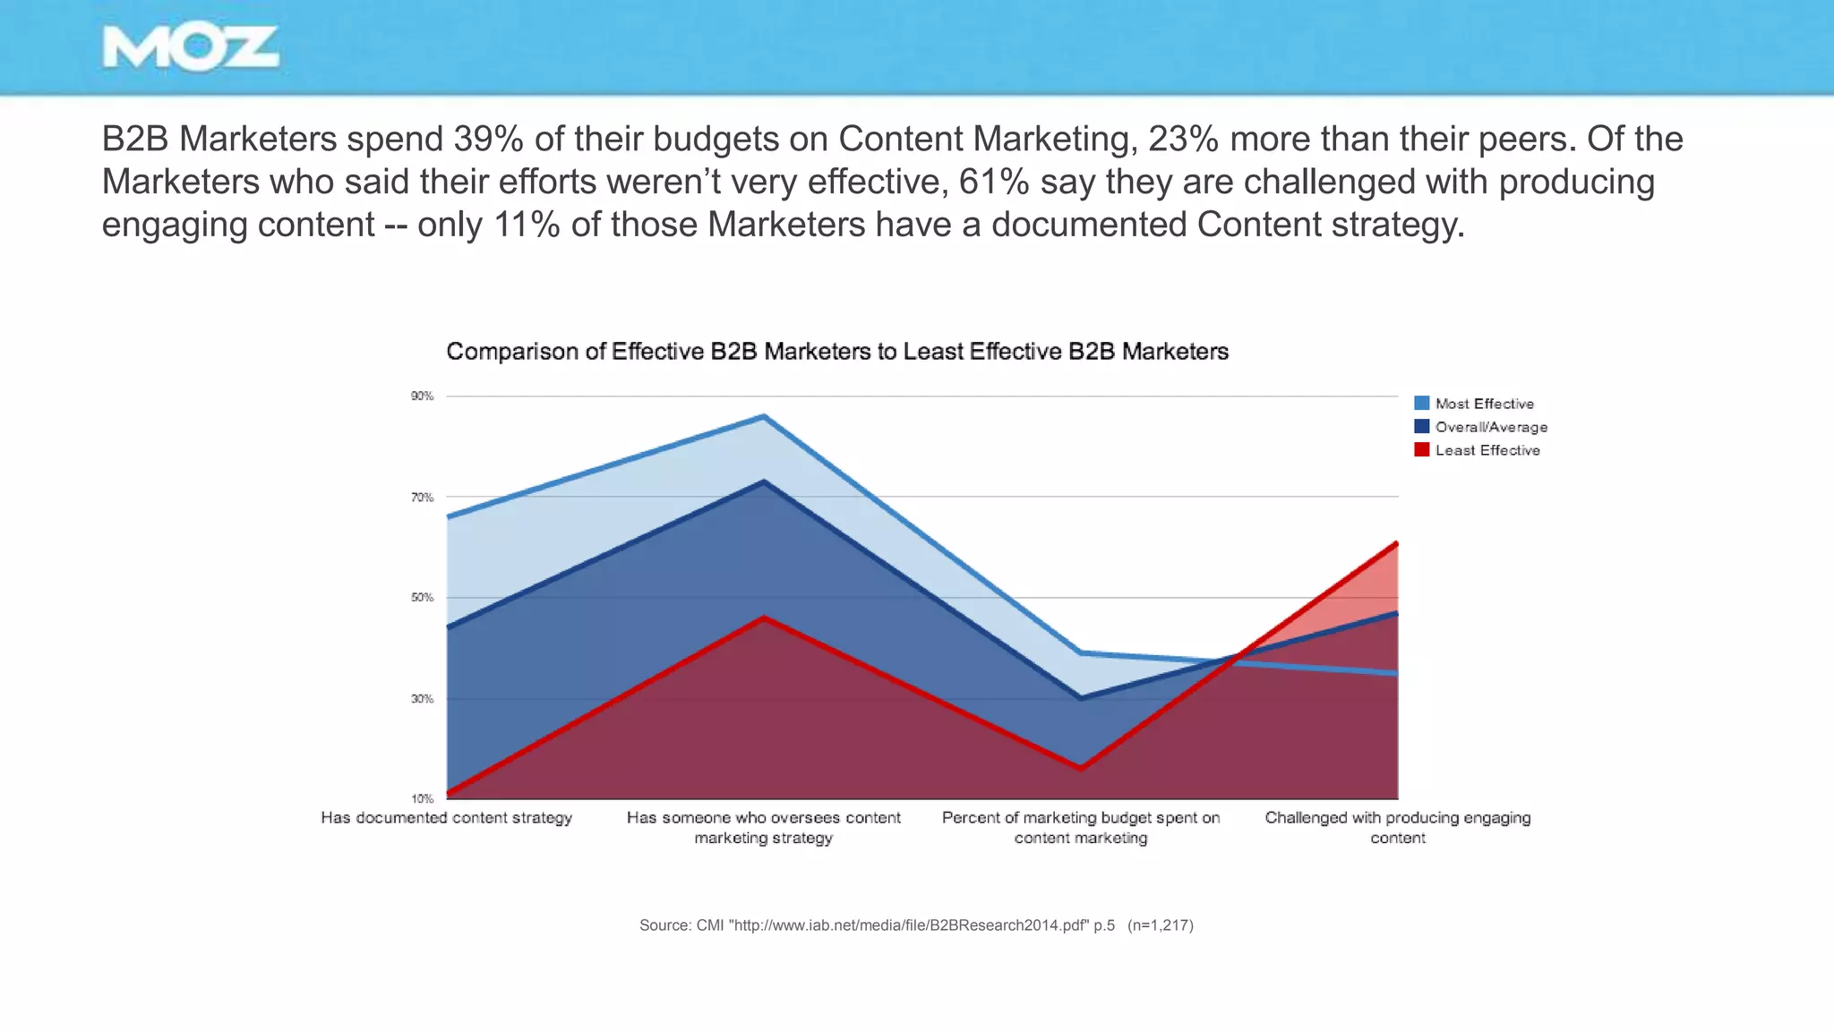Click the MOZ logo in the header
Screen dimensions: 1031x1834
coord(191,48)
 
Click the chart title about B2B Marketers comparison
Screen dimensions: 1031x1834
coord(836,352)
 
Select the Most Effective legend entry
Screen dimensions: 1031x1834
coord(1484,404)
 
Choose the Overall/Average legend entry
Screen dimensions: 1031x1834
coord(1490,427)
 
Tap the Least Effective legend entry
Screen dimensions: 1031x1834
coord(1487,450)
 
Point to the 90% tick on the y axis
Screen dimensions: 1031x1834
coord(422,396)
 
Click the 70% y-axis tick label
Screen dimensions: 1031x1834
coord(422,497)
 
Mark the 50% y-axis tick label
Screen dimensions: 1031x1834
coord(422,597)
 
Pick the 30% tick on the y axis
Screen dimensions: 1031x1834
coord(422,698)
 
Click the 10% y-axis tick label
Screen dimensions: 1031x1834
coord(422,798)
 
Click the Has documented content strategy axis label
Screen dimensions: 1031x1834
coord(446,818)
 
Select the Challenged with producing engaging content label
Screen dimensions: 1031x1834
coord(1397,827)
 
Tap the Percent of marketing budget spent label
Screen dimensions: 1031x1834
coord(1080,827)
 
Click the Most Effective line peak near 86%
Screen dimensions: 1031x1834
coord(763,416)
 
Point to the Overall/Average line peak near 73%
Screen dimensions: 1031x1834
coord(763,481)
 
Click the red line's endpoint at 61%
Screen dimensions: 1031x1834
coord(1395,543)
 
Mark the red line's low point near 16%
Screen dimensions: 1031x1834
coord(1081,768)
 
